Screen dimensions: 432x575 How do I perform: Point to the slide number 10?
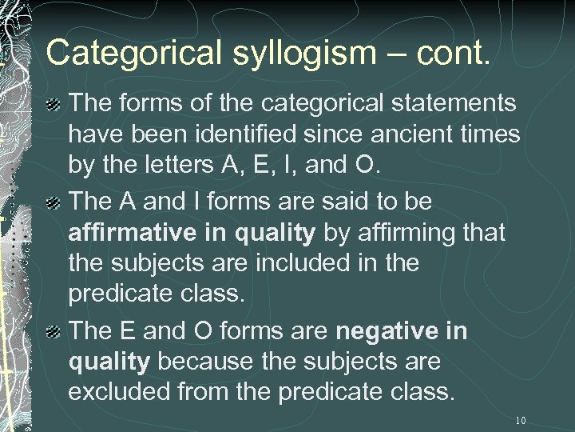521,420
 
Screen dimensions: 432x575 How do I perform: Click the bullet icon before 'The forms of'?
54,104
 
